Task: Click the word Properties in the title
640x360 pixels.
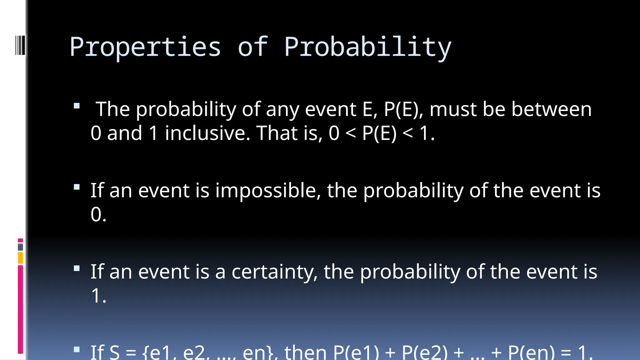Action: coord(145,47)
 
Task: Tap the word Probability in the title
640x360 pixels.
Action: coord(367,47)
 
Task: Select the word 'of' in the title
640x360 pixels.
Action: coord(252,47)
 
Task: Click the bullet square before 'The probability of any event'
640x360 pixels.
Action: coord(77,106)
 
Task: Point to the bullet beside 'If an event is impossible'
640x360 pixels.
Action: coord(77,187)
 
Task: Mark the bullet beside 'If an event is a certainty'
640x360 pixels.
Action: coord(77,268)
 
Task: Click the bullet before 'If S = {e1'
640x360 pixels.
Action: coord(77,349)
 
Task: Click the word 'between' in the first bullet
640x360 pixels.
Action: coord(551,109)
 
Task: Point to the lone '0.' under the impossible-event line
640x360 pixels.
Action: coord(98,215)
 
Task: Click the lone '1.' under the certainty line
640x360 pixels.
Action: coord(98,296)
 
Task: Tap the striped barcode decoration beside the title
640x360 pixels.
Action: coord(20,45)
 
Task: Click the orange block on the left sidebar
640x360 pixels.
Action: coord(20,258)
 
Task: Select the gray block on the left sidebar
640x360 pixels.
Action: coord(20,247)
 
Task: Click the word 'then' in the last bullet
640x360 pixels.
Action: coord(305,352)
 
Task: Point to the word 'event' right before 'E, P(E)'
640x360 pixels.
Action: coord(330,109)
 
